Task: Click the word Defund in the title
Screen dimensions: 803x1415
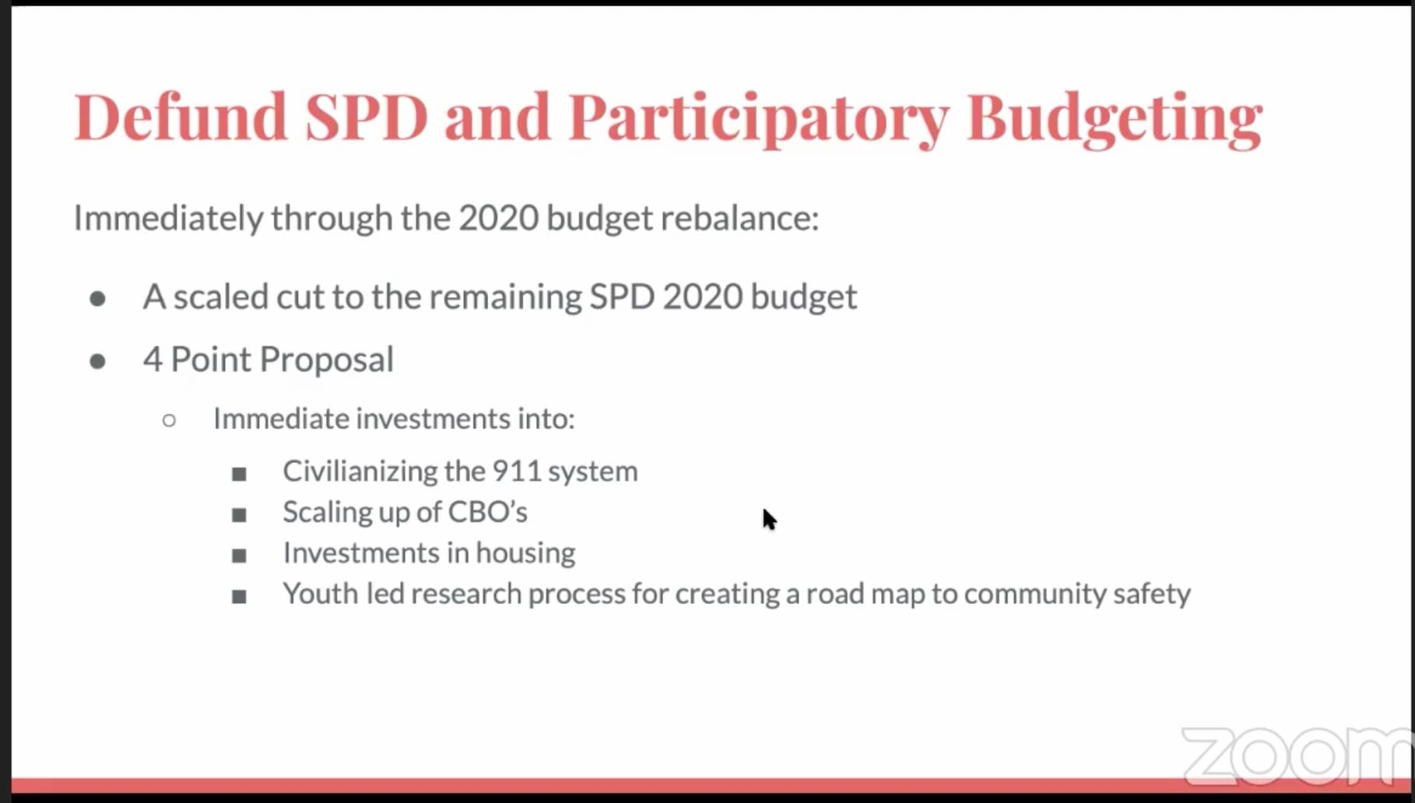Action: point(181,117)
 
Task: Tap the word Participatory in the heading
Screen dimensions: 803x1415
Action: point(758,117)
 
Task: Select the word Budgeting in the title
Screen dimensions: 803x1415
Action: point(1114,117)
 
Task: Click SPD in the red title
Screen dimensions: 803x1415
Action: point(366,117)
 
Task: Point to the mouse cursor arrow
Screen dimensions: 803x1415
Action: point(769,519)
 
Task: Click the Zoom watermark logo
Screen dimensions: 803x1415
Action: point(1296,756)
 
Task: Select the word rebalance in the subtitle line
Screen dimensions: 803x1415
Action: point(739,218)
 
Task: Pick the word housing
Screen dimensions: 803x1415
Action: point(525,553)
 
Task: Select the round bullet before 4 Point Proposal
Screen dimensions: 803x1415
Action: point(97,361)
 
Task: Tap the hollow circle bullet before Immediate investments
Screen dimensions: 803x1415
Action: point(169,421)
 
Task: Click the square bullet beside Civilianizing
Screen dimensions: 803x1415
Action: point(239,474)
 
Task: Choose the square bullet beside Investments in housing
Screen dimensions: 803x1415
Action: point(239,556)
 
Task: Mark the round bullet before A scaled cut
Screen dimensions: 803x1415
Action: point(97,299)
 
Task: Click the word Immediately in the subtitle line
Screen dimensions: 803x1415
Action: point(168,218)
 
